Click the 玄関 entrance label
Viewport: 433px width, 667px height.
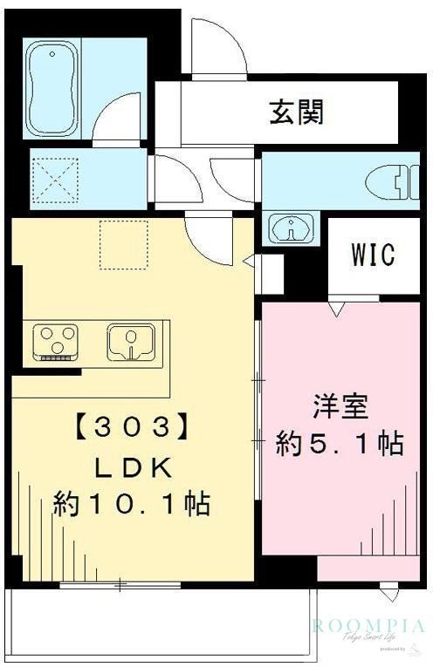(x=297, y=112)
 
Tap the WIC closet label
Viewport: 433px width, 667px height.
(x=373, y=255)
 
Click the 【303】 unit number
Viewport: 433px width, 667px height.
(x=131, y=428)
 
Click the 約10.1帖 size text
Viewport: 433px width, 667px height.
(x=131, y=504)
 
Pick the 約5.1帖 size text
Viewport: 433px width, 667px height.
(x=340, y=443)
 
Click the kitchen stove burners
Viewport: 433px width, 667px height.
(x=56, y=340)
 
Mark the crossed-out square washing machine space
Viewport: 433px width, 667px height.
(x=54, y=180)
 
